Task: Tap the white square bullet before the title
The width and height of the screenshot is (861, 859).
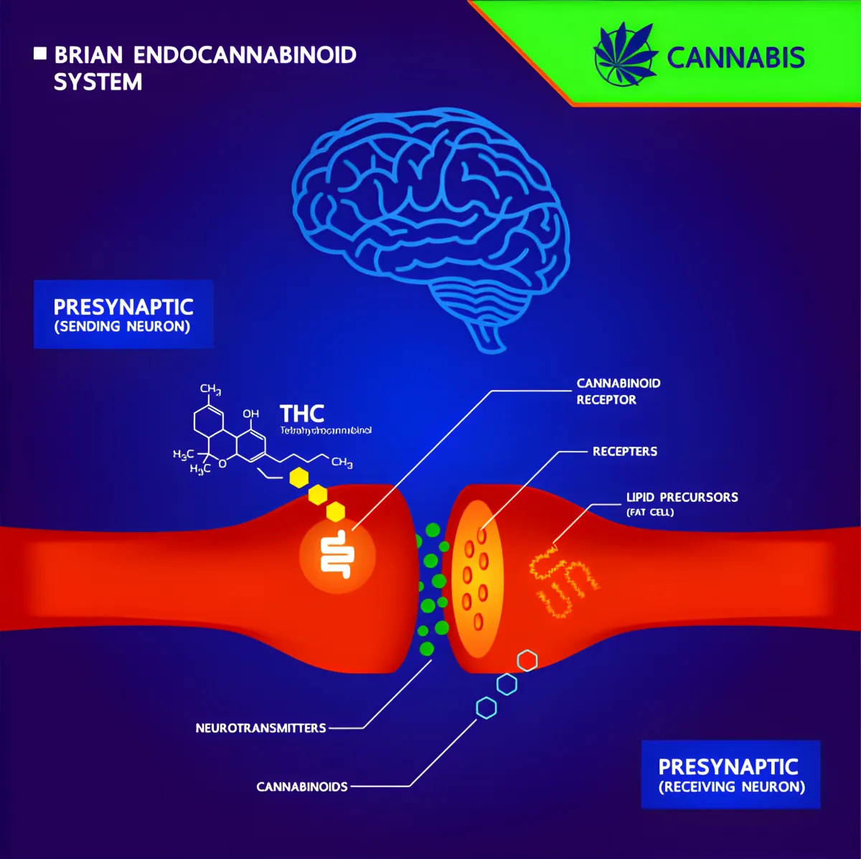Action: point(40,53)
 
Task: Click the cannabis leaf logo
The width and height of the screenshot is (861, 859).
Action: point(625,54)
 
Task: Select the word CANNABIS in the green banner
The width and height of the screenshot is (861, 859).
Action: point(735,58)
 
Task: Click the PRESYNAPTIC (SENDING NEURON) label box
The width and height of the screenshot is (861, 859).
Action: point(123,315)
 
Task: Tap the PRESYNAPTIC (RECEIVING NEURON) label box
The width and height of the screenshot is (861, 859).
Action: point(730,775)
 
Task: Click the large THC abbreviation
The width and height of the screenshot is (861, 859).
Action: point(302,414)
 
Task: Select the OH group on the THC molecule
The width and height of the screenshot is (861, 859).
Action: point(250,414)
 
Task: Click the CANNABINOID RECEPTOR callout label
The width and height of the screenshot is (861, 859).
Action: point(618,391)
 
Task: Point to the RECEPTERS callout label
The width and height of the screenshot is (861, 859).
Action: point(624,452)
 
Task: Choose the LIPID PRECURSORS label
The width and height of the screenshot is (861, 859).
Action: point(682,498)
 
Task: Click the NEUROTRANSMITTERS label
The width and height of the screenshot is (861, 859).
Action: point(260,729)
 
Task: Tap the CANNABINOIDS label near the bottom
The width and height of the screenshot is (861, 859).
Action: point(302,787)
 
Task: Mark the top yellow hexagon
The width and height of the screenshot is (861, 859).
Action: point(298,478)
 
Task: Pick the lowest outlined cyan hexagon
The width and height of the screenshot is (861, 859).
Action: point(486,708)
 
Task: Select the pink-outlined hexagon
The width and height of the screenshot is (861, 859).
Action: point(527,660)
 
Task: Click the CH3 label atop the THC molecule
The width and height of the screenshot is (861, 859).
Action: point(210,389)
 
